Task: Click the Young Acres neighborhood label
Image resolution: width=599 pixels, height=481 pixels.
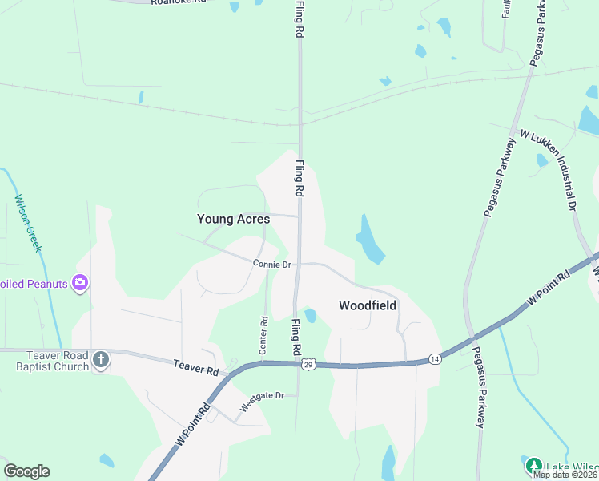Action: click(234, 219)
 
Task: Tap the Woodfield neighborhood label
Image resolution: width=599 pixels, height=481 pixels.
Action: click(368, 305)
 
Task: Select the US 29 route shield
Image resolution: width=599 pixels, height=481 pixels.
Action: click(308, 365)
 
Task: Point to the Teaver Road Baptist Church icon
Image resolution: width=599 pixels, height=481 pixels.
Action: click(101, 360)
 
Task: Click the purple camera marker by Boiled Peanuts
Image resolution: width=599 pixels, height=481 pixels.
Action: click(79, 282)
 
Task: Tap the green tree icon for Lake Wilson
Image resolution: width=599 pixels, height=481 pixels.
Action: click(534, 466)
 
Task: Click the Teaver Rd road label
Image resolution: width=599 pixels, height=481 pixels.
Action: click(196, 369)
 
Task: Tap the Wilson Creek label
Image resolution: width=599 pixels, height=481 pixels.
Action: click(27, 223)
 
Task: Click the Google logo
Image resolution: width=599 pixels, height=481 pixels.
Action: click(26, 471)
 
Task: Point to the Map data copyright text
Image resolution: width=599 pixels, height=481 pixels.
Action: click(565, 475)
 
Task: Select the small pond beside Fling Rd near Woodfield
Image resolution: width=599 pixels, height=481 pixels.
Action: click(310, 316)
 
